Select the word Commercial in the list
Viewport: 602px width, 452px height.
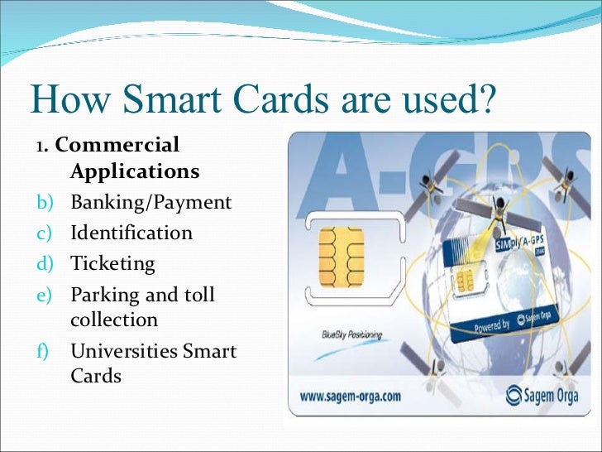(117, 145)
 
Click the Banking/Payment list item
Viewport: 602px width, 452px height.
(151, 202)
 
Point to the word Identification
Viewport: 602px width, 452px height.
(131, 233)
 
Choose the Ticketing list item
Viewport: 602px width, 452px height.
(112, 263)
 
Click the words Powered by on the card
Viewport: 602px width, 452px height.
(491, 325)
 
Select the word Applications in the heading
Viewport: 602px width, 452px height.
(135, 171)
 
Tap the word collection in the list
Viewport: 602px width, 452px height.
(114, 319)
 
